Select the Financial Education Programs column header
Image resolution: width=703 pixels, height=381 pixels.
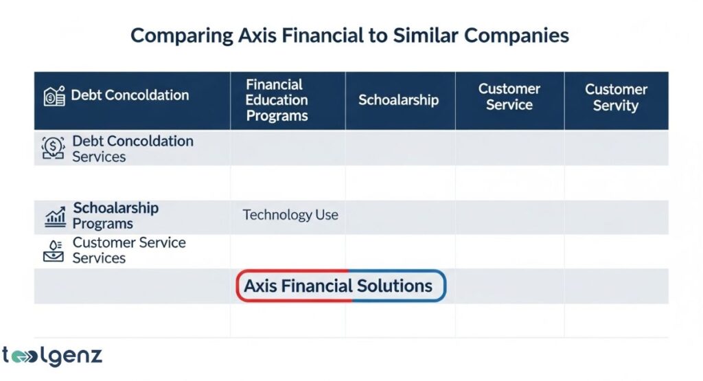click(x=277, y=100)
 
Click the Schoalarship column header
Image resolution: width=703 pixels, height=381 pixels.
click(x=398, y=100)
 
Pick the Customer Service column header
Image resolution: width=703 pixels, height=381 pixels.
click(x=509, y=97)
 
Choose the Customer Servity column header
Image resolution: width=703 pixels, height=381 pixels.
click(x=616, y=97)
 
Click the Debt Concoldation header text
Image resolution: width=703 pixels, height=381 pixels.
click(x=130, y=95)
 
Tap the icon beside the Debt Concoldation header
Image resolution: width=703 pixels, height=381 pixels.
click(x=54, y=95)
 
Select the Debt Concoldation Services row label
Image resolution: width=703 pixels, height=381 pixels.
click(x=132, y=149)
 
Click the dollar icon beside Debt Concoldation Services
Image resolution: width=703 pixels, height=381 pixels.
click(x=54, y=148)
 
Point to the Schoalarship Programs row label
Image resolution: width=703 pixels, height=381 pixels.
click(x=115, y=216)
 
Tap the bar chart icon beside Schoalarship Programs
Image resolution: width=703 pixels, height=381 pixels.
click(x=55, y=217)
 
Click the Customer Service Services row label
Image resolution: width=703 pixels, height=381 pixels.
click(x=128, y=250)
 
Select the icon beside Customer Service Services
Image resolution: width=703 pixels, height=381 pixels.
click(x=54, y=251)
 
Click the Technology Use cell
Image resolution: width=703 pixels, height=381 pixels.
click(x=290, y=215)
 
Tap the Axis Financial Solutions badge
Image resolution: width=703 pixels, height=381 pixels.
click(x=341, y=286)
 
